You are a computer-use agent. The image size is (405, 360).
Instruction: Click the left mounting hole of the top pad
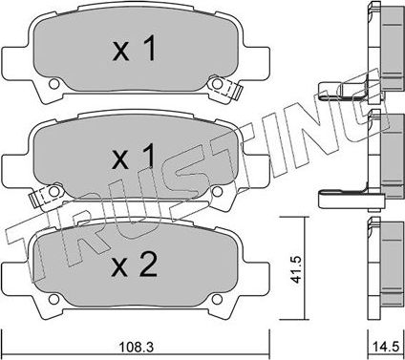click(52, 89)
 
